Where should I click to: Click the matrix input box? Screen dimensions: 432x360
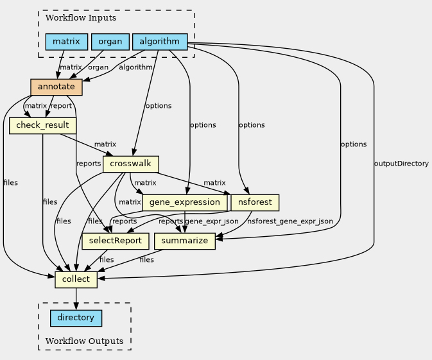tap(67, 42)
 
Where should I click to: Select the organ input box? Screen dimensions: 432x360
tap(110, 42)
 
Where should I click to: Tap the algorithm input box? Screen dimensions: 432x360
tap(160, 42)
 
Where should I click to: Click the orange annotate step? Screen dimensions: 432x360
tap(56, 87)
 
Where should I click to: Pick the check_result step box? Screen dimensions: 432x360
tap(43, 126)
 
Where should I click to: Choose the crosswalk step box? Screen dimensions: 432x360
tap(131, 164)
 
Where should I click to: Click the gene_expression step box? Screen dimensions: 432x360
tap(185, 203)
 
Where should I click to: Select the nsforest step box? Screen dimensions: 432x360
tap(255, 203)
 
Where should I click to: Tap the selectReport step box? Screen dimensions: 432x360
tap(116, 241)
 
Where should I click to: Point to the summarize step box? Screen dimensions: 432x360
tap(185, 241)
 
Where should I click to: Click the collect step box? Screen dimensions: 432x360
tap(76, 280)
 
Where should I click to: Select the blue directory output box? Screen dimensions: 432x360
tap(76, 318)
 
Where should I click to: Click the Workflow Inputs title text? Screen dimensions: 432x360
tap(81, 17)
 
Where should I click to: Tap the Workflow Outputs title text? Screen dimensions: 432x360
tap(84, 341)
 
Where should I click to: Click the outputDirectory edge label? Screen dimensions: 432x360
tap(401, 164)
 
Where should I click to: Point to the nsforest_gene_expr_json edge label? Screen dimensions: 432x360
tap(290, 221)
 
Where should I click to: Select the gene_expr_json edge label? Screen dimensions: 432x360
tap(212, 221)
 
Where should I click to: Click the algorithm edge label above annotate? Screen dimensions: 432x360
tap(135, 67)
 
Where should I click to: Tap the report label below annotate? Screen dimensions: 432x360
tap(61, 106)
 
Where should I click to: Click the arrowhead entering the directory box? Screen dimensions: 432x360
tap(76, 306)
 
